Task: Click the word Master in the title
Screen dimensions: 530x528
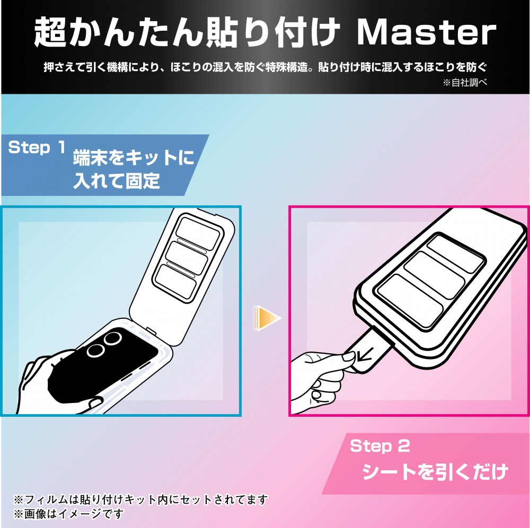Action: [427, 32]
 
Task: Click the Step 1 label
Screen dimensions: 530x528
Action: [37, 148]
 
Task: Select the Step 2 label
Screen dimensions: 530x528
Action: [380, 446]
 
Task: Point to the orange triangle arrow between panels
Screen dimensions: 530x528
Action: [268, 318]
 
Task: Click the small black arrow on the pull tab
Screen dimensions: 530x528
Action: [365, 354]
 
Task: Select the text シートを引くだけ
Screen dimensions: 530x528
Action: [435, 471]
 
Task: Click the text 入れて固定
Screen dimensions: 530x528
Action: [116, 181]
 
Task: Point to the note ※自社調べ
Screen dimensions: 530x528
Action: [465, 83]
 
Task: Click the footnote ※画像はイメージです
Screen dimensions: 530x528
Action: [68, 514]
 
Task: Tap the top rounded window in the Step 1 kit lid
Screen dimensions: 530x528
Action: [198, 233]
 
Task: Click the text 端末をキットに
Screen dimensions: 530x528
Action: [134, 157]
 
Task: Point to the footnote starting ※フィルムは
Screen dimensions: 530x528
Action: [140, 499]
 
